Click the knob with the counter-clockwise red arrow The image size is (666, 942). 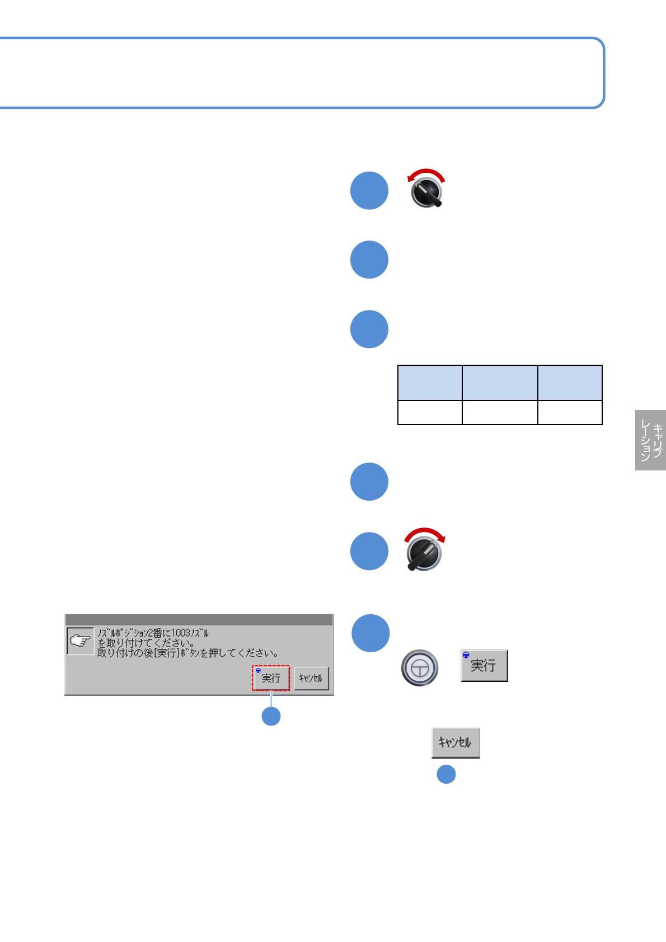pyautogui.click(x=426, y=193)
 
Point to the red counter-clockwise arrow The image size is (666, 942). pyautogui.click(x=426, y=172)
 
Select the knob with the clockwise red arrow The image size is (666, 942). pyautogui.click(x=424, y=554)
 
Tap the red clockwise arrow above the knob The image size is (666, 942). pyautogui.click(x=425, y=531)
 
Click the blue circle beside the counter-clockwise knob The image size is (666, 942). pyautogui.click(x=369, y=191)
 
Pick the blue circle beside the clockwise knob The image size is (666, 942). pyautogui.click(x=369, y=551)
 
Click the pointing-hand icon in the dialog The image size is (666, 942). pyautogui.click(x=81, y=640)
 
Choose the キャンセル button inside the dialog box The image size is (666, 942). pyautogui.click(x=311, y=678)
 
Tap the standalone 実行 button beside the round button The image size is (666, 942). pyautogui.click(x=484, y=665)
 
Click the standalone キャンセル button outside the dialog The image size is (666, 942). pyautogui.click(x=455, y=742)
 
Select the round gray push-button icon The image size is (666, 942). pyautogui.click(x=420, y=667)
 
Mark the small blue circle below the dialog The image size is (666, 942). pyautogui.click(x=271, y=716)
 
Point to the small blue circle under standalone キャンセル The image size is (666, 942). pyautogui.click(x=446, y=774)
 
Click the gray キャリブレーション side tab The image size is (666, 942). pyautogui.click(x=650, y=440)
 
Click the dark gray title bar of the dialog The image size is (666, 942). pyautogui.click(x=199, y=620)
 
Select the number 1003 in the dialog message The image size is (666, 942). pyautogui.click(x=181, y=633)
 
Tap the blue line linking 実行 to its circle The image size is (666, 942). pyautogui.click(x=271, y=699)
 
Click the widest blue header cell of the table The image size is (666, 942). pyautogui.click(x=500, y=383)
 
